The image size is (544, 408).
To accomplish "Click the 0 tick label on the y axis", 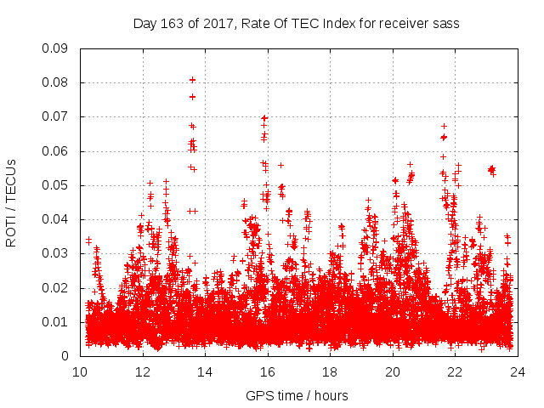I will [x=65, y=356].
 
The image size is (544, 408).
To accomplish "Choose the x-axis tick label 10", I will [x=80, y=371].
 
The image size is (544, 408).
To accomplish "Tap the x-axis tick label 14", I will [x=205, y=371].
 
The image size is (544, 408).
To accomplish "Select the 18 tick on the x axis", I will [x=330, y=371].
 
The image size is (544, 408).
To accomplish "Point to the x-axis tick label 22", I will [x=455, y=371].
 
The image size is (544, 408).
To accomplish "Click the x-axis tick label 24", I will [x=518, y=371].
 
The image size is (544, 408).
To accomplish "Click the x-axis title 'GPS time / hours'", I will [x=298, y=395].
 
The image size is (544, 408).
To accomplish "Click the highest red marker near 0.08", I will [x=192, y=80].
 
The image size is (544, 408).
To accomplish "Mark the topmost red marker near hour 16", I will [x=264, y=117].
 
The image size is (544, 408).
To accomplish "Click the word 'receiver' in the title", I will [x=399, y=24].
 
